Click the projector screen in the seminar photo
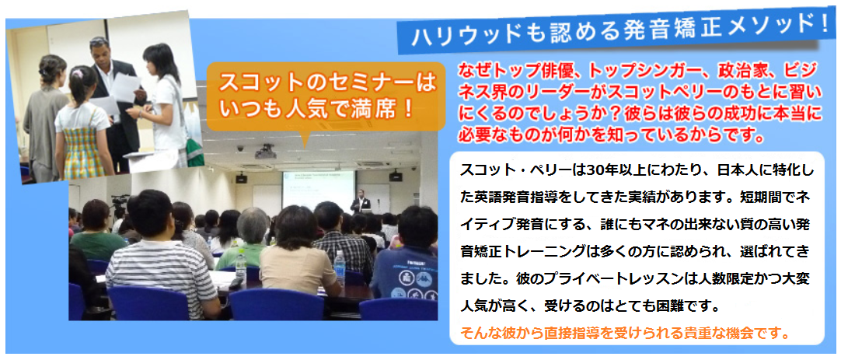(319, 190)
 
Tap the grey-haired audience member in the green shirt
(248, 238)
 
